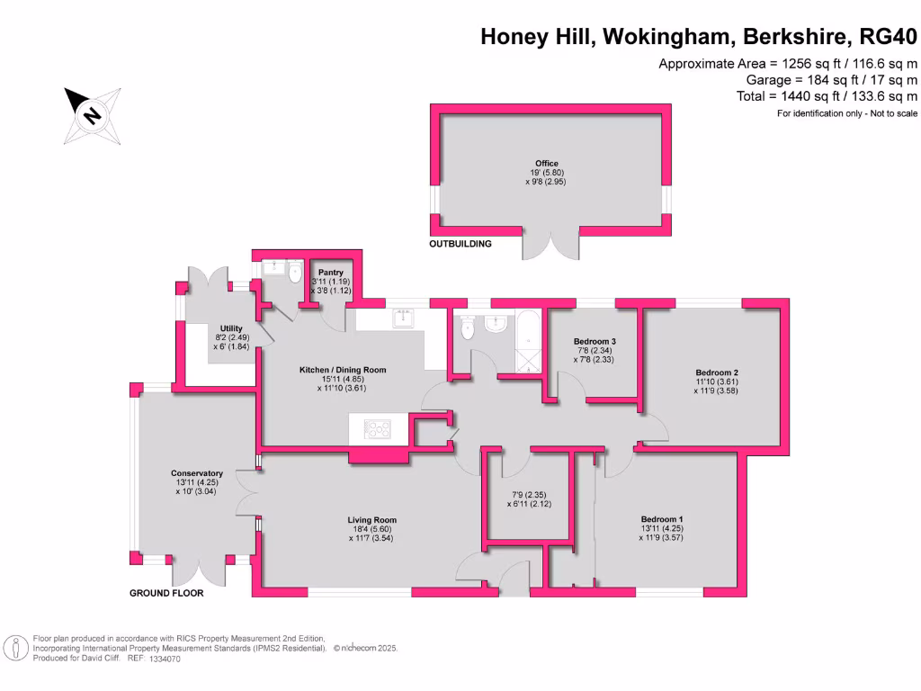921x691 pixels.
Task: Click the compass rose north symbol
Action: [x=92, y=115]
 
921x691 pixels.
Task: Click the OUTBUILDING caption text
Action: [x=460, y=244]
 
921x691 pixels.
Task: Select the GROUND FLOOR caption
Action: [x=166, y=593]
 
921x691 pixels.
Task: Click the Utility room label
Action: [x=231, y=328]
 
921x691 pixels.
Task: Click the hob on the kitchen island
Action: [x=378, y=429]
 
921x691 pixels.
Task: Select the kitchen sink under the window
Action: [x=402, y=317]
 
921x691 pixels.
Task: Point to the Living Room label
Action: [x=372, y=520]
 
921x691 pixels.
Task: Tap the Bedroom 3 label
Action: [x=595, y=342]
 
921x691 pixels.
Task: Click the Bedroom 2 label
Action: [x=717, y=372]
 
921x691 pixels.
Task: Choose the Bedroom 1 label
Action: [x=662, y=519]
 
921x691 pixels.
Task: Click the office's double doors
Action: [x=550, y=243]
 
